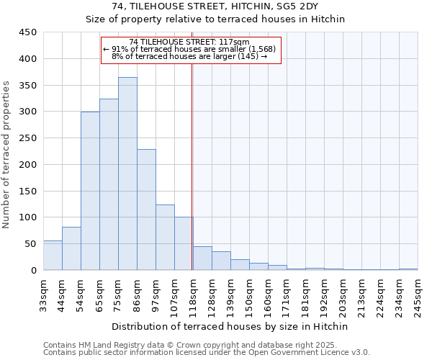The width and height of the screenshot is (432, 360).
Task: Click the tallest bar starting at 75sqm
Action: pos(127,174)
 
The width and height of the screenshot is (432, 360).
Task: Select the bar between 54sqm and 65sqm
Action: pos(90,191)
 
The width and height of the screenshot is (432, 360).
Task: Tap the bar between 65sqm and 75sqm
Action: pos(109,184)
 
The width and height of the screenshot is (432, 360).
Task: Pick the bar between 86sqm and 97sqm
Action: pos(146,210)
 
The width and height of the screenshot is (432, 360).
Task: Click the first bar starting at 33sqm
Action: pos(53,256)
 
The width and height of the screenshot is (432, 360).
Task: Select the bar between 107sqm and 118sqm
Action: pos(184,243)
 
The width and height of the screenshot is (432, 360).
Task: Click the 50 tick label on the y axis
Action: pos(30,244)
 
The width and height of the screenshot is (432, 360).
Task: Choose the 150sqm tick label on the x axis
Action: pos(249,294)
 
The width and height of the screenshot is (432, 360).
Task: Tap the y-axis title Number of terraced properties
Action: pos(7,155)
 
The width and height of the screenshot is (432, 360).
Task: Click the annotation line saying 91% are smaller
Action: pos(189,49)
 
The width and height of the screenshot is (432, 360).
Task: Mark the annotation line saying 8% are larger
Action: pos(189,56)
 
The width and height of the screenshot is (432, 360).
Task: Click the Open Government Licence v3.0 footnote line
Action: pos(207,353)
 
